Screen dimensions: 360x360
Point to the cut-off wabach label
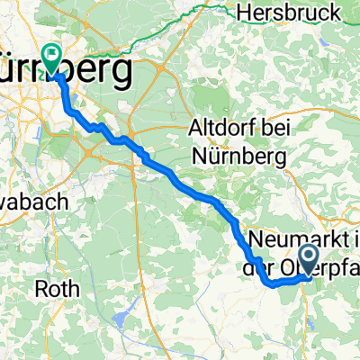click(x=34, y=202)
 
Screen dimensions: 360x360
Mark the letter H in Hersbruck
click(x=243, y=13)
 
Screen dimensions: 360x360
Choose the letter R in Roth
click(x=40, y=289)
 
